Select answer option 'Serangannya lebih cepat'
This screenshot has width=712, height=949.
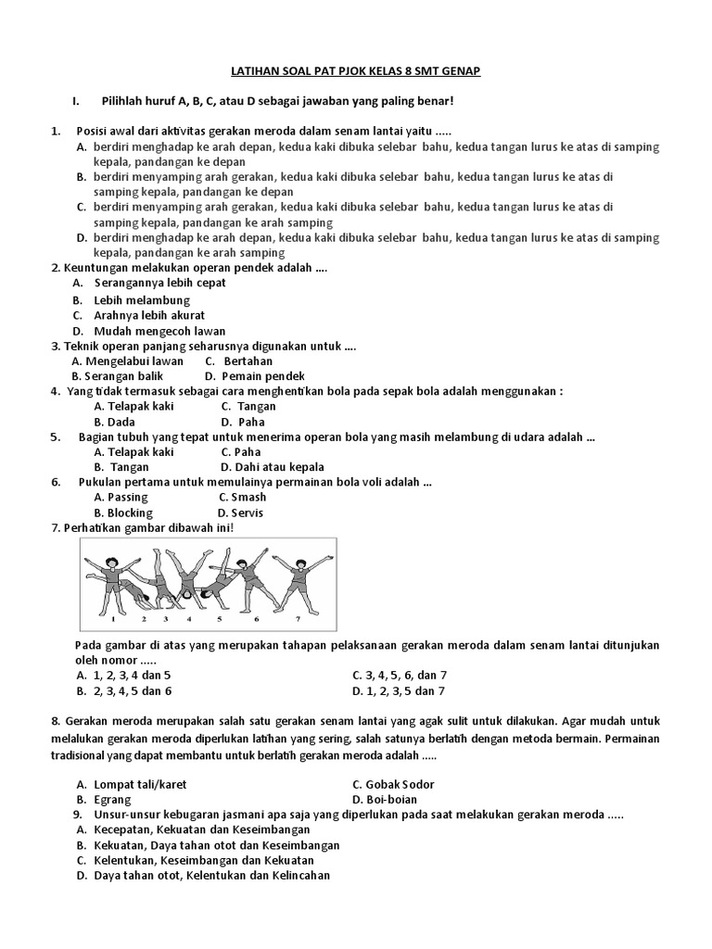159,283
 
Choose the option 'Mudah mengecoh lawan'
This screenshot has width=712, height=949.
159,331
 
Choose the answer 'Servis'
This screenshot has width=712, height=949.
248,512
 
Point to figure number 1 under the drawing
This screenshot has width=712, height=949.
113,616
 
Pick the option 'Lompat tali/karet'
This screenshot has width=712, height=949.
140,784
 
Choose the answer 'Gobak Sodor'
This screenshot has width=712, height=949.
402,784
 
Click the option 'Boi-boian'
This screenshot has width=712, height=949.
393,799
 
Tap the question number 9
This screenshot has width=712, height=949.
79,815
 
